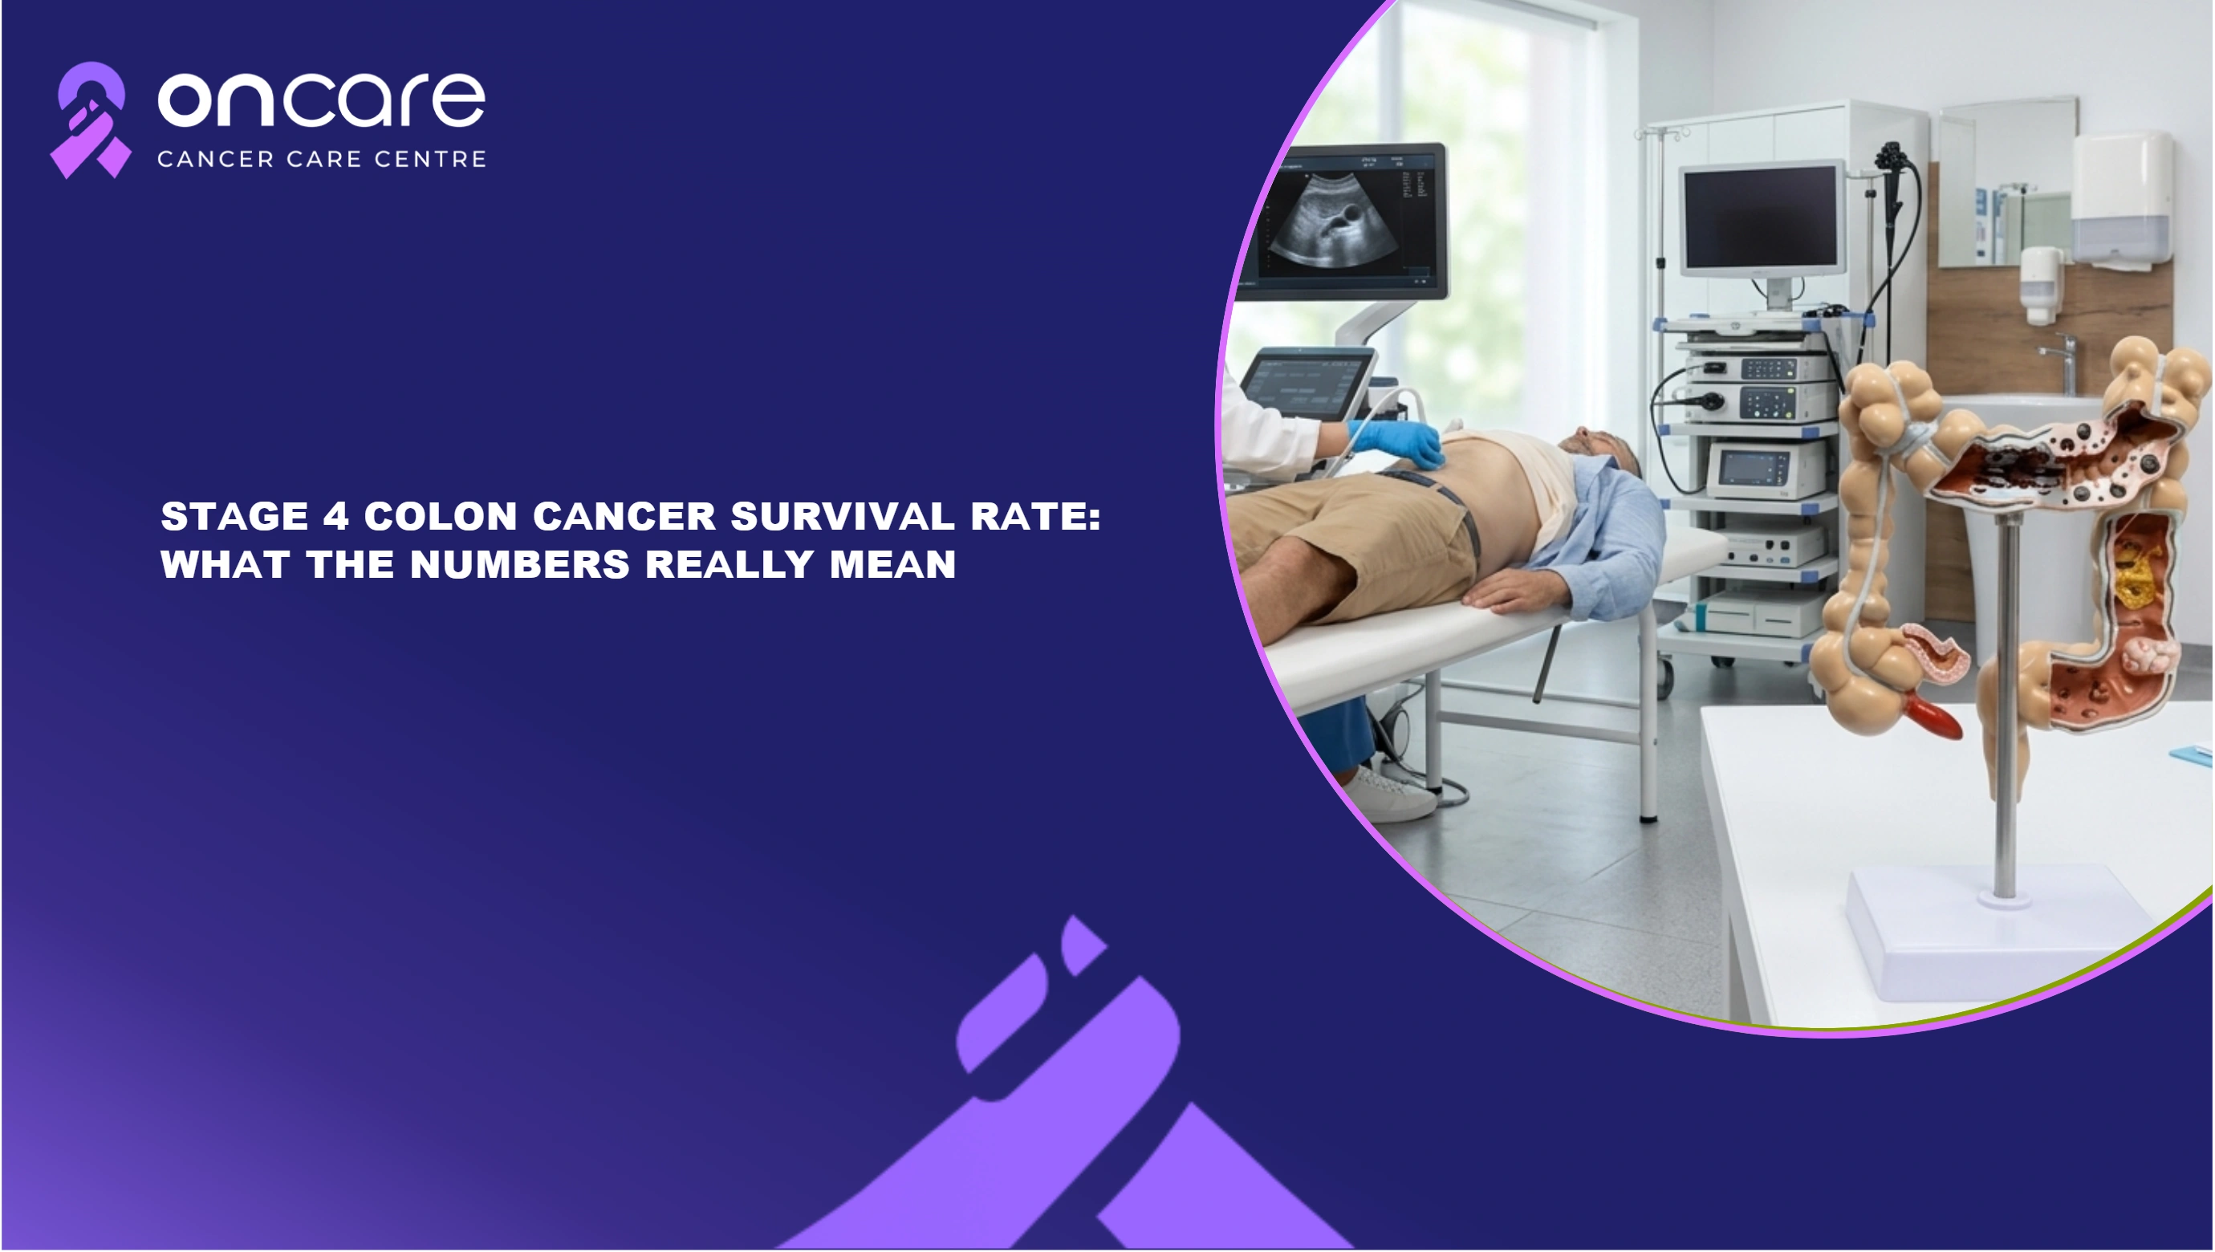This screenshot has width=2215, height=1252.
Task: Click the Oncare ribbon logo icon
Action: (90, 120)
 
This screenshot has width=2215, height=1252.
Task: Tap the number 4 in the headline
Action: (335, 517)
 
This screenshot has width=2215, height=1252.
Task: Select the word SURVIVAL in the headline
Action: (843, 517)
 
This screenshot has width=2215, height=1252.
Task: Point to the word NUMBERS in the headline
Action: (520, 565)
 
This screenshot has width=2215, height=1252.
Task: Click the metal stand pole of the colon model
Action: (2006, 705)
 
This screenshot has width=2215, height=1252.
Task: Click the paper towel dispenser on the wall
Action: (2121, 194)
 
